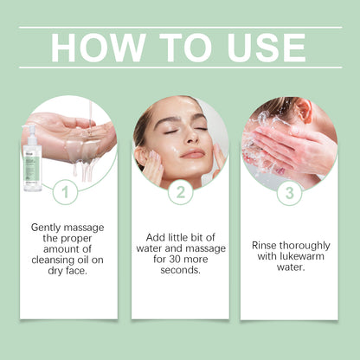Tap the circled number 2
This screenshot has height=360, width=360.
180,193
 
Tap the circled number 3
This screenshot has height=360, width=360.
289,193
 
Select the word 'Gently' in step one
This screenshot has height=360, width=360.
48,226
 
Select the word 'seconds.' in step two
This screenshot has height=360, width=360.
180,269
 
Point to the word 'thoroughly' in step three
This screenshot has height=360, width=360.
305,245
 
